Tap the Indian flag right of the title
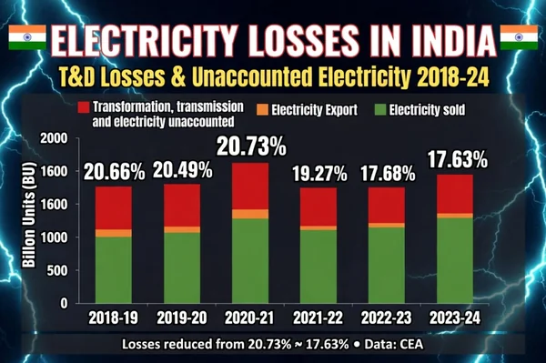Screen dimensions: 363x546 point(521,37)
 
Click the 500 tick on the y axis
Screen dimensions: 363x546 point(56,271)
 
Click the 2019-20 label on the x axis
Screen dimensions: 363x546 point(181,318)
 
